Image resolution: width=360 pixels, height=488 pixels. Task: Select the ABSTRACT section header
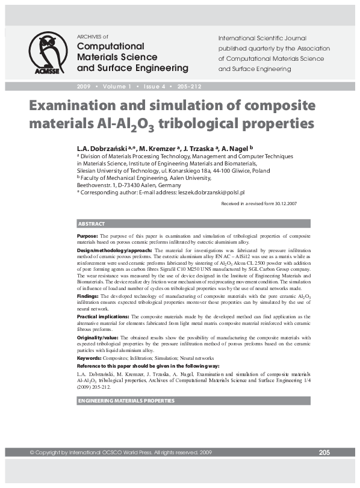(x=92, y=224)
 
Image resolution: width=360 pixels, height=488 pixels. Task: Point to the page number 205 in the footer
(x=324, y=452)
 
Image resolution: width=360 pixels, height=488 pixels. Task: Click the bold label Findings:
(x=89, y=297)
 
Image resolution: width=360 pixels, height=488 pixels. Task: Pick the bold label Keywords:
(x=91, y=357)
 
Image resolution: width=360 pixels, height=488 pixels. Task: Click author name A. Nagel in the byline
(x=235, y=147)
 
